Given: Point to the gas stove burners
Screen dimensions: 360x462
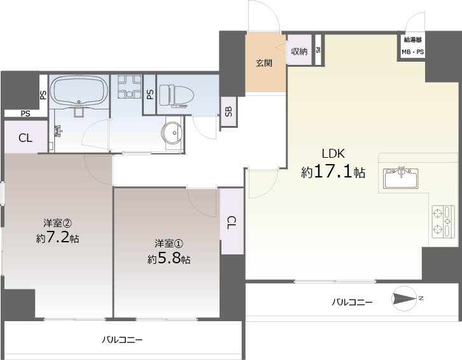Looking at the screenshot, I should pos(444,221).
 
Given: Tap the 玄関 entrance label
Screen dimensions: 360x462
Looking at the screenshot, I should pos(265,64).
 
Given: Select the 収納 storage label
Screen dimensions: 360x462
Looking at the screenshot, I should pos(300,52).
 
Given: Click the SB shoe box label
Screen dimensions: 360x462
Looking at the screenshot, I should pos(228,113).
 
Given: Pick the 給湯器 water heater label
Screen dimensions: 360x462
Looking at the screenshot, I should pos(412,40).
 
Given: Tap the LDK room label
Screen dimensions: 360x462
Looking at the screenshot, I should pos(333,153).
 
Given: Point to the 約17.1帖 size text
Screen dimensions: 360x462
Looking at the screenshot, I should pos(333,172).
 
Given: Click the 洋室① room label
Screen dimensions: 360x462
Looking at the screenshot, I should pos(169,243).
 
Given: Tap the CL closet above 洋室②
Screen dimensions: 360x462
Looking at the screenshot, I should pos(25,137).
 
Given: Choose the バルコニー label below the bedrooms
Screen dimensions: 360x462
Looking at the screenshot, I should pos(122,340).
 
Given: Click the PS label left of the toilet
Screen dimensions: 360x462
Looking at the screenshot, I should pos(150,95).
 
